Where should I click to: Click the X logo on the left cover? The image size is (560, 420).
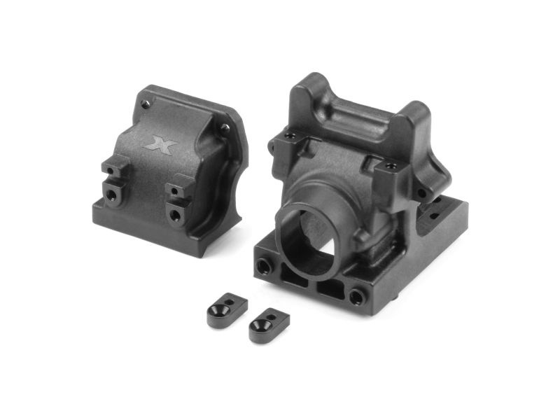pos(160,143)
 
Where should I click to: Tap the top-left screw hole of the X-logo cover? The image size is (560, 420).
pos(145,104)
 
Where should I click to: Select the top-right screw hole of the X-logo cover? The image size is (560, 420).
pos(224,129)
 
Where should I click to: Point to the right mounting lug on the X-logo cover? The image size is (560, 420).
pos(178,199)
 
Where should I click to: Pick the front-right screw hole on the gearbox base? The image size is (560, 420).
pos(358,296)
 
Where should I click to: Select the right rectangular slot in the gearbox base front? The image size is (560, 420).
pos(329,287)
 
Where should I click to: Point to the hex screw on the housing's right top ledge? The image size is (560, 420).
pos(390,166)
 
